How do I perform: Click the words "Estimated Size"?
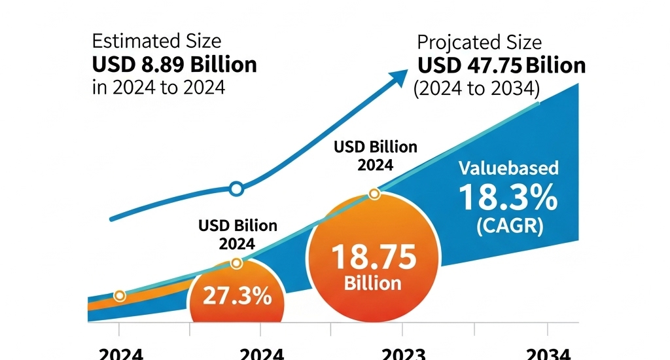[x=156, y=41]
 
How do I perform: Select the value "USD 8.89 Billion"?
[x=175, y=64]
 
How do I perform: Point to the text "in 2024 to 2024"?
[x=158, y=87]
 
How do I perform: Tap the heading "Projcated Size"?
[x=480, y=43]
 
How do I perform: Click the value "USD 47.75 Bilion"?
[x=502, y=66]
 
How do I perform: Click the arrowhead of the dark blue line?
[x=397, y=77]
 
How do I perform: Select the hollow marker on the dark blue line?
[x=237, y=189]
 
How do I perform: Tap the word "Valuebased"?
[x=508, y=168]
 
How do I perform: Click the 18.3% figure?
[x=508, y=198]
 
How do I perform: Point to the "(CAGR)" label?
[x=509, y=227]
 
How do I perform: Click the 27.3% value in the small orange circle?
[x=237, y=297]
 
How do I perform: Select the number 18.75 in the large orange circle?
[x=374, y=257]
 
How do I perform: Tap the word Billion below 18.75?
[x=374, y=283]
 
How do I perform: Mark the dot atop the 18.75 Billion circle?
[x=374, y=194]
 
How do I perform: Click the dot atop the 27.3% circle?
[x=237, y=263]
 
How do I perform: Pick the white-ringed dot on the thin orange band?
[x=119, y=296]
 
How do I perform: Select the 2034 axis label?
[x=548, y=354]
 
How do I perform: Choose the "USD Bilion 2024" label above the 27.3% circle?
[x=237, y=234]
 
